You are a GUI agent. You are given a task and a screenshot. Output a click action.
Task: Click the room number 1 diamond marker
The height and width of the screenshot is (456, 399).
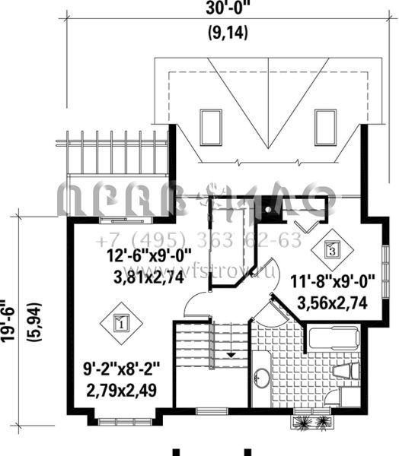(120, 322)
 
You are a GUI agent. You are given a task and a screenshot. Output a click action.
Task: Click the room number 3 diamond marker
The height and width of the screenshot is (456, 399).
(332, 248)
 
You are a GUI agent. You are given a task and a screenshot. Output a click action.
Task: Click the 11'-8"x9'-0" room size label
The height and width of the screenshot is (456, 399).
(334, 283)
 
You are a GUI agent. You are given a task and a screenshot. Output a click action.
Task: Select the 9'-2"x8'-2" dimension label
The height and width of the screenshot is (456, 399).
(123, 373)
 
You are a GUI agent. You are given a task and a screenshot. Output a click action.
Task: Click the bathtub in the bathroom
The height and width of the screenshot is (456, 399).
(334, 340)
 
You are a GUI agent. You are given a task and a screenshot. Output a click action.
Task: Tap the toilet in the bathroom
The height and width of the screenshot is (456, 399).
(346, 371)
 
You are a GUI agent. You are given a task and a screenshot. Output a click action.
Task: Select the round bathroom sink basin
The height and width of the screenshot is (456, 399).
(262, 378)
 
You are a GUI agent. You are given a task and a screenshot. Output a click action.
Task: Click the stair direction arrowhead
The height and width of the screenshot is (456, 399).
(229, 354)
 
